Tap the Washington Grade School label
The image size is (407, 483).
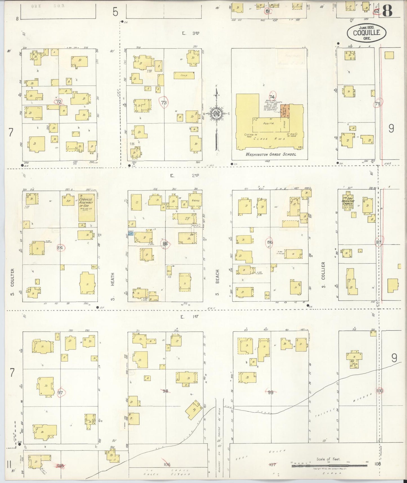(271, 154)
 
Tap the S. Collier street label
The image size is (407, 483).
(323, 271)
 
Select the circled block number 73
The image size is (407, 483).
(164, 103)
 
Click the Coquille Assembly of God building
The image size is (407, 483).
(86, 207)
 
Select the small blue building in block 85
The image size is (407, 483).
(130, 234)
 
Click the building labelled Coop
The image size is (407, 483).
(184, 76)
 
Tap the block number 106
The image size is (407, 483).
(167, 464)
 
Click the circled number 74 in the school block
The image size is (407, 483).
(272, 96)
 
